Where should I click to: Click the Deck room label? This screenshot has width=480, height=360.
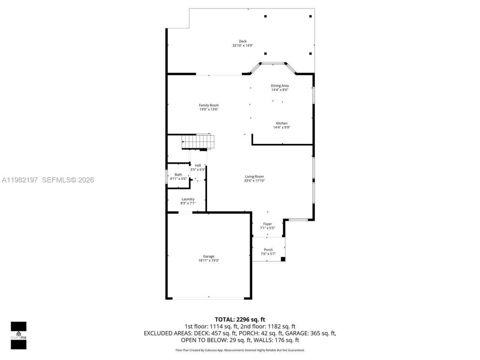(x=243, y=41)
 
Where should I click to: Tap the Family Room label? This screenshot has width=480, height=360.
(x=208, y=105)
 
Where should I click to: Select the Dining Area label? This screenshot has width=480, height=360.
(x=280, y=86)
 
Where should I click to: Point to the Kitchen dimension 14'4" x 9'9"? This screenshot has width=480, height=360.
(x=282, y=127)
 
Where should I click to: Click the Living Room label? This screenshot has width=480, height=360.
(x=254, y=177)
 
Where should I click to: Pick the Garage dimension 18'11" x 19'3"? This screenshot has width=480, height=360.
(x=208, y=261)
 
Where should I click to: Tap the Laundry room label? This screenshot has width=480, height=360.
(x=188, y=199)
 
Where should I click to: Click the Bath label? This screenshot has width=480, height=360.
(x=178, y=174)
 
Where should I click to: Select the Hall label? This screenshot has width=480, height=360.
(x=198, y=165)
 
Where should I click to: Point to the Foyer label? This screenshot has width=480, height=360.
(x=267, y=224)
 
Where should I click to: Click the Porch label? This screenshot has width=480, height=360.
(x=268, y=250)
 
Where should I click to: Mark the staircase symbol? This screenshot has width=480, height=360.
(x=197, y=142)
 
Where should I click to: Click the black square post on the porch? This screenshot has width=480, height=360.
(x=283, y=259)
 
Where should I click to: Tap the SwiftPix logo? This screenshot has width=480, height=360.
(x=18, y=335)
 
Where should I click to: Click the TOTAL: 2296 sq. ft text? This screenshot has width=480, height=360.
(x=240, y=319)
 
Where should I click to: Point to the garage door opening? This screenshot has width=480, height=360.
(x=208, y=298)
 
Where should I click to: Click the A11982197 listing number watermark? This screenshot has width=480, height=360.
(x=19, y=180)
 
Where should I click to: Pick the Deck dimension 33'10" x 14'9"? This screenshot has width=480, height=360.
(x=243, y=46)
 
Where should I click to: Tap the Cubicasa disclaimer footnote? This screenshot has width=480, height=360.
(x=240, y=350)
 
